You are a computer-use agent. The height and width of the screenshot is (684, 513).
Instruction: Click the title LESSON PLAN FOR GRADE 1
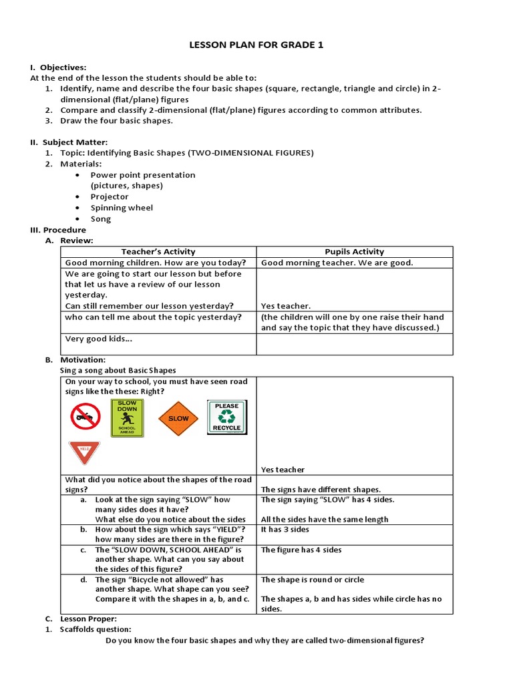pos(257,45)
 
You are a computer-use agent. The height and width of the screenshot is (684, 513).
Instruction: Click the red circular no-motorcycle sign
pos(85,417)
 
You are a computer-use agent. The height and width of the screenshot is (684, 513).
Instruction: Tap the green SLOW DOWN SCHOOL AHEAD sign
pos(127,418)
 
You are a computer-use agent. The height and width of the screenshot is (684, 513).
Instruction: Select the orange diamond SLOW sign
pos(178,418)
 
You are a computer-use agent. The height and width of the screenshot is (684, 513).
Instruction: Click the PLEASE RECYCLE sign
pos(227,417)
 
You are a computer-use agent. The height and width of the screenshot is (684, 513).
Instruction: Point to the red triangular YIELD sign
pos(84,452)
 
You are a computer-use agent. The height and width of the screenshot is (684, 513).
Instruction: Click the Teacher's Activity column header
pos(158,252)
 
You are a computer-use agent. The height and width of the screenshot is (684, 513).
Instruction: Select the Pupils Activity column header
pos(354,252)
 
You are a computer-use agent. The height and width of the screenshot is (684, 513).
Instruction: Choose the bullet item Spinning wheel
pos(122,208)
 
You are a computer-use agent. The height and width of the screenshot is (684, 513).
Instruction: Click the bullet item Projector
pos(110,197)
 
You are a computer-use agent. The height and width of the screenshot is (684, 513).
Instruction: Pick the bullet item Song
pos(101,219)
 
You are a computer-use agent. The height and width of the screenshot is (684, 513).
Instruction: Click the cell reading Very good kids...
pos(98,339)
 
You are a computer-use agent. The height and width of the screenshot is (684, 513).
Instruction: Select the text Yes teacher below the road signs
pos(283,470)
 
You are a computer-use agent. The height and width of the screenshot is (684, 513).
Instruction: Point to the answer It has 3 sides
pos(285,529)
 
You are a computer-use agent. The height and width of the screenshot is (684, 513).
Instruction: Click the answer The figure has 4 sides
pos(301,550)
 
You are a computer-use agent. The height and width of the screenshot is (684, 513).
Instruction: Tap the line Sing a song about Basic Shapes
pos(118,370)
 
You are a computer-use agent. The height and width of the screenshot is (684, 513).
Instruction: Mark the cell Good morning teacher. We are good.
pos(337,263)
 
